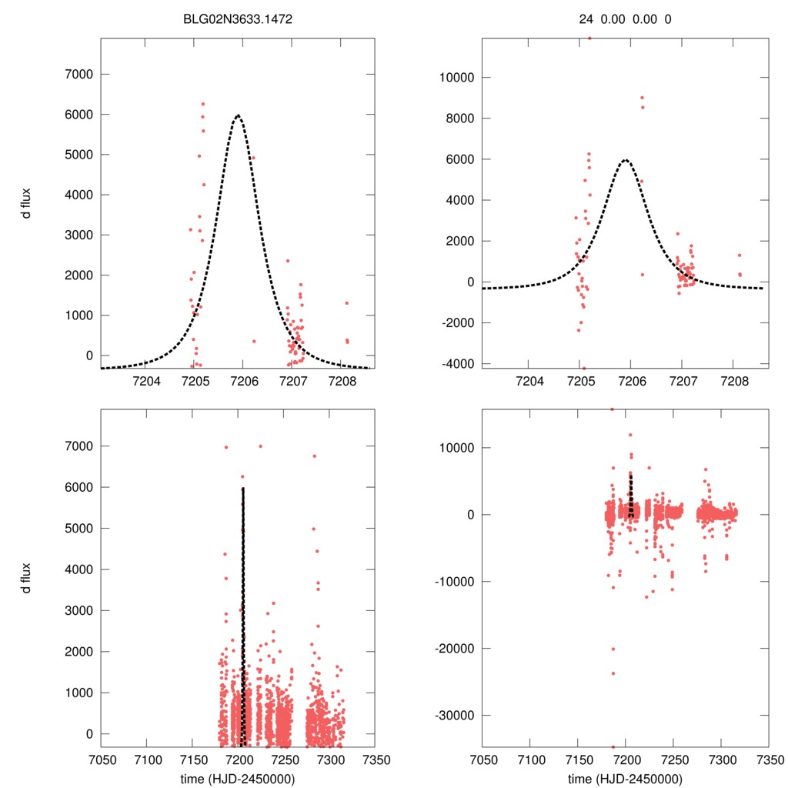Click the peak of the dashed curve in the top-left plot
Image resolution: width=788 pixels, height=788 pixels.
[238, 115]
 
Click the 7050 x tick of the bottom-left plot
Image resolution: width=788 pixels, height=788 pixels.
[101, 759]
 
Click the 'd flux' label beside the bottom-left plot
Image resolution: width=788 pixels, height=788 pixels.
[26, 577]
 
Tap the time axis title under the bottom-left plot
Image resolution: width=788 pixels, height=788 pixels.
[238, 779]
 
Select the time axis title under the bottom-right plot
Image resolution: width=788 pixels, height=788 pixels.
[625, 779]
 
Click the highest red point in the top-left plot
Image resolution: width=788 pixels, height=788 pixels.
[203, 104]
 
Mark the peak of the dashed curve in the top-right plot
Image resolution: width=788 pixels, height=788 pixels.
[626, 160]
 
